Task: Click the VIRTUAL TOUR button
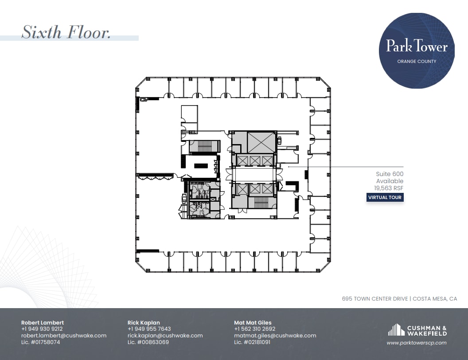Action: click(x=385, y=197)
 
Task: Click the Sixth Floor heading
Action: click(x=66, y=32)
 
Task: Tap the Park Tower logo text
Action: click(x=417, y=46)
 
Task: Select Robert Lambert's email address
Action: click(x=64, y=336)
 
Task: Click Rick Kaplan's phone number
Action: click(x=149, y=329)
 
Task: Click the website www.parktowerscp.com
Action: click(x=416, y=343)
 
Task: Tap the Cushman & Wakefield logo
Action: click(x=417, y=330)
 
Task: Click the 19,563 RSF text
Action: click(x=389, y=188)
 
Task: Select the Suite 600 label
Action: click(x=390, y=174)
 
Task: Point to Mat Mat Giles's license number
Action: click(x=252, y=342)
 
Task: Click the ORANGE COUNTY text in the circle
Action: click(x=417, y=62)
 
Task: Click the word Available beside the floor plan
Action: click(x=390, y=181)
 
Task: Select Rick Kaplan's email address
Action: click(x=165, y=336)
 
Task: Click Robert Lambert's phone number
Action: click(x=42, y=329)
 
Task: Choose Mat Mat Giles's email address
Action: click(x=275, y=336)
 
